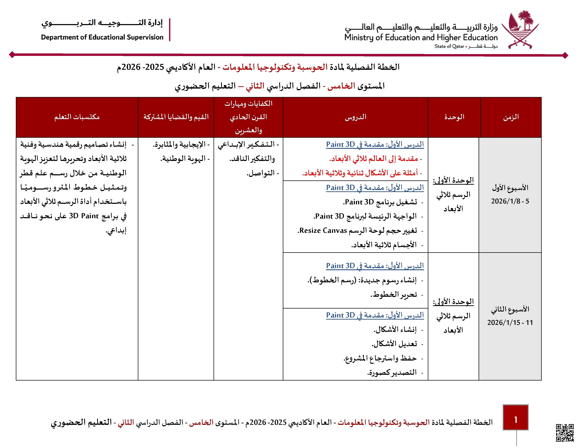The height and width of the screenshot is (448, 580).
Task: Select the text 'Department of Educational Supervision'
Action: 102,37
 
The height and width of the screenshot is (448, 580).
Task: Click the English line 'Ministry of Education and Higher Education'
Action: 421,37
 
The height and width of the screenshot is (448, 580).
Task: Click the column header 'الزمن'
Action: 511,117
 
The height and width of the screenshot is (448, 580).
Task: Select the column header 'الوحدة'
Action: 454,117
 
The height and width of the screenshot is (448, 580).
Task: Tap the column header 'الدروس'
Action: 355,117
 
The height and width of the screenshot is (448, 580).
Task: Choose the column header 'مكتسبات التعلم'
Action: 77,117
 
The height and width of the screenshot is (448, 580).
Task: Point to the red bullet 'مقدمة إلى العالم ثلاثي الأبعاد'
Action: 374,159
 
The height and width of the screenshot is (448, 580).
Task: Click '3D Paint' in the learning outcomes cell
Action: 84,216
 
